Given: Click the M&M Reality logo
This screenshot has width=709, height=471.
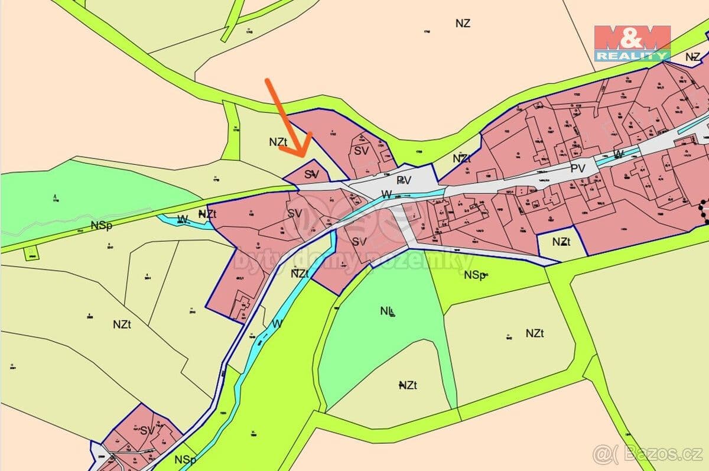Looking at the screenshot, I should [632, 43].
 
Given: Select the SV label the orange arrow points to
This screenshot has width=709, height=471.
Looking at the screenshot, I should [311, 174].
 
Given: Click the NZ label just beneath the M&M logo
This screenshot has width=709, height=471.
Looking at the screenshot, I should [693, 57].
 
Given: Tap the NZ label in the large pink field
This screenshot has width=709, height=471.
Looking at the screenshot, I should [463, 24].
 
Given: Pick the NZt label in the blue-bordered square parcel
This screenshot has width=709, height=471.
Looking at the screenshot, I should [561, 242].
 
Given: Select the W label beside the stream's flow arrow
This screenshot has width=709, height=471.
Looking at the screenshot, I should [386, 194].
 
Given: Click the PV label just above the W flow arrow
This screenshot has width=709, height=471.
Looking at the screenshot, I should [404, 180].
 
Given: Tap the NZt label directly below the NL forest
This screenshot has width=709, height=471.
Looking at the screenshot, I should [408, 385].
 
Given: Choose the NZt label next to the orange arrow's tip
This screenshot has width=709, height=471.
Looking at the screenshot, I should [278, 142].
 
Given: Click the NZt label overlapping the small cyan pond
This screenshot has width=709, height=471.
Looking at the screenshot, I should [207, 214].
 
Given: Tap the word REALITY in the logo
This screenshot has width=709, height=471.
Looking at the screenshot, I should [632, 56].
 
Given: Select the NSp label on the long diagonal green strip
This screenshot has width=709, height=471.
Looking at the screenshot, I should [101, 226].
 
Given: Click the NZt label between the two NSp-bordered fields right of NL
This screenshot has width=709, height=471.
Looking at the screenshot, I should [534, 333].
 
